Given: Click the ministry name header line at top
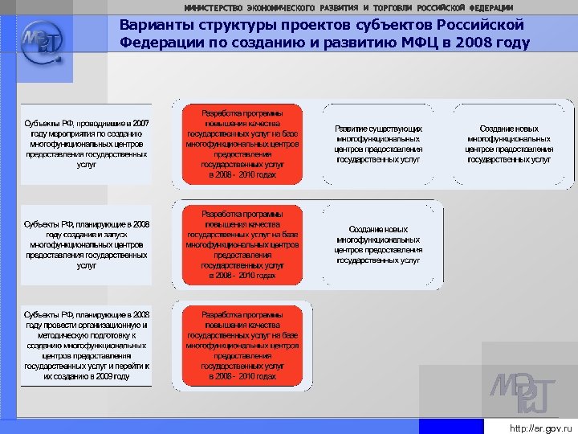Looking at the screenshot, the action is (348, 7).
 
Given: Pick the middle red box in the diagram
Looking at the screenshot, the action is (242, 244).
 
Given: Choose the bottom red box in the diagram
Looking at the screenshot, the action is (242, 345).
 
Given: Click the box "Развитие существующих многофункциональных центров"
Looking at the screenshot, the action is (378, 144).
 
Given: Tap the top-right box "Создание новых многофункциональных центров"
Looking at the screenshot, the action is (509, 144).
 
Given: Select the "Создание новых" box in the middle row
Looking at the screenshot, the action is (378, 244).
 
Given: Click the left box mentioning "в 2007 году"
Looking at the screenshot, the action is (86, 144).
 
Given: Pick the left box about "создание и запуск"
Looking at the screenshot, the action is (86, 244).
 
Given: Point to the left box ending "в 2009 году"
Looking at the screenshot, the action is (86, 345).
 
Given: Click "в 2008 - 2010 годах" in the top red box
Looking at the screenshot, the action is (242, 174).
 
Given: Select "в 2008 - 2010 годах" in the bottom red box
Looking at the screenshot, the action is (242, 376).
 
